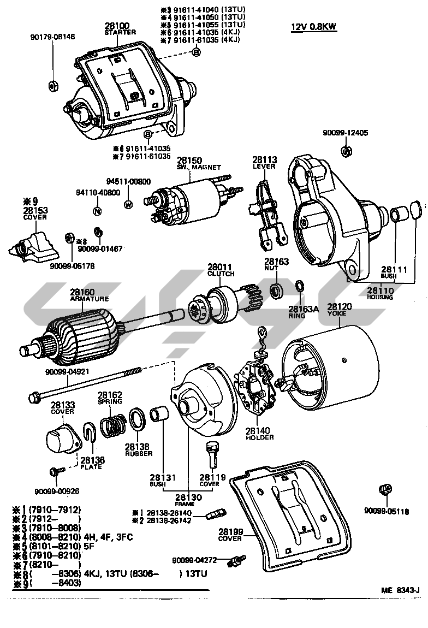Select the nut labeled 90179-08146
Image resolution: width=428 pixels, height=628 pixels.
pos(53,85)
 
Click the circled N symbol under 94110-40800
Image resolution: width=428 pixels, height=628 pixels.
pos(97,211)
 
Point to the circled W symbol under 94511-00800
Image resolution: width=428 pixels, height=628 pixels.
pos(128,205)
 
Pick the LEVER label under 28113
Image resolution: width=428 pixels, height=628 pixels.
pos(264,167)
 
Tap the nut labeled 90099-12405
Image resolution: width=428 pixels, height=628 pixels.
pos(345,151)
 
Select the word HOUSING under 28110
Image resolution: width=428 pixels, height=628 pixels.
pos(380,297)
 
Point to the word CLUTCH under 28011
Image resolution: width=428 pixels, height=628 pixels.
pos(221,274)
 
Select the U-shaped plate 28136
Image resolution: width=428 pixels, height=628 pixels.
pos(91,431)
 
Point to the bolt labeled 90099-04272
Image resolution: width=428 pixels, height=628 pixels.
pos(237,561)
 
